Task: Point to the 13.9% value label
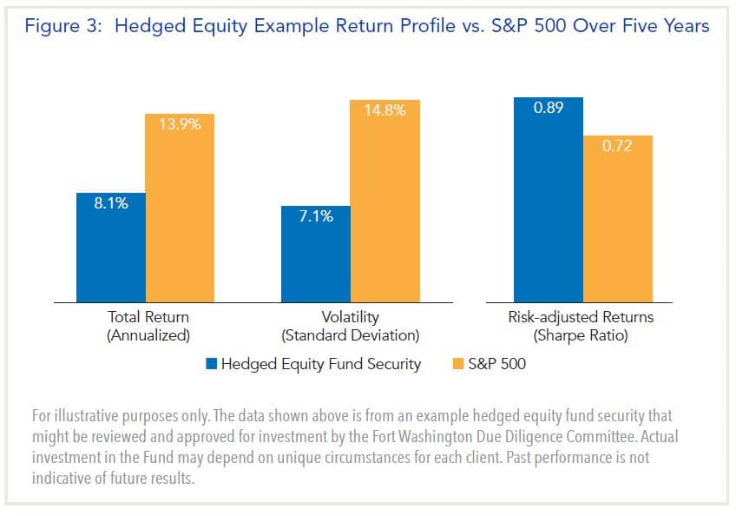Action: point(180,124)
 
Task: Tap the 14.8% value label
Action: point(384,110)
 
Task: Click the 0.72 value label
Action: point(617,147)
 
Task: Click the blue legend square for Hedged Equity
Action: point(211,364)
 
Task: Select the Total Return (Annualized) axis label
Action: point(148,326)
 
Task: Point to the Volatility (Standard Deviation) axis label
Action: point(350,326)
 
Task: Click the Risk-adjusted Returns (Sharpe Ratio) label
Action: point(581,326)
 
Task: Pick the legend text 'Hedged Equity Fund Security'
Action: point(320,364)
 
